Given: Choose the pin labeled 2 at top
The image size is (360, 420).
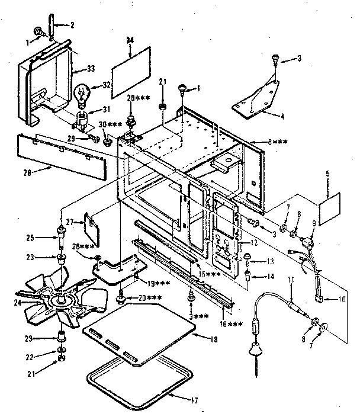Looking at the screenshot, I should pos(53,28).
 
